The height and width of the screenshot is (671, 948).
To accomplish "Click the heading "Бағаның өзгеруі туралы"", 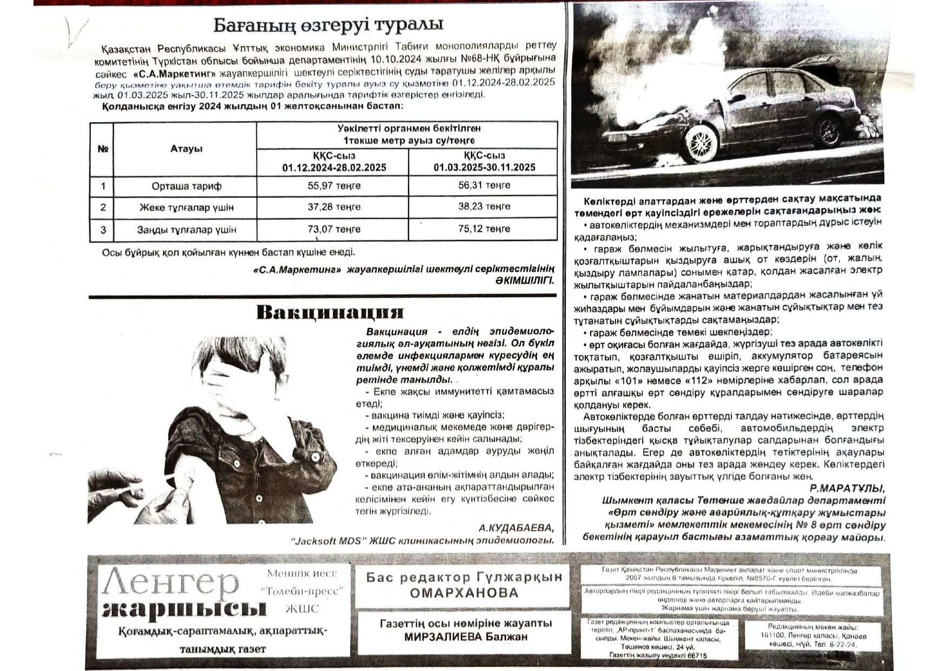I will [x=328, y=24].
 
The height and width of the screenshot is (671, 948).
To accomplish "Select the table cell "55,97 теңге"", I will [x=334, y=186].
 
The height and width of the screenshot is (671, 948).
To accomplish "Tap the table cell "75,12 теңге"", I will [x=484, y=229].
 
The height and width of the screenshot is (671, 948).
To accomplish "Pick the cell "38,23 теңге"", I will [x=484, y=207].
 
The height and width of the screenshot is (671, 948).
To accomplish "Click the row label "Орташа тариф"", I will [x=186, y=187].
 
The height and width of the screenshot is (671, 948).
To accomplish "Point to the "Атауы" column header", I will [x=186, y=149].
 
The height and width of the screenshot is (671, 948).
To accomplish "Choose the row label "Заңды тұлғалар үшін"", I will [x=186, y=230].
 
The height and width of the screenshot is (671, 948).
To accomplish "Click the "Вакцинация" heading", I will [x=330, y=313].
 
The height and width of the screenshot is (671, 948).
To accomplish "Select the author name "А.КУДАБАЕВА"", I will [x=516, y=528].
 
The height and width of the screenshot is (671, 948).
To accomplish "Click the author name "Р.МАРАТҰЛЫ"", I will [x=847, y=488].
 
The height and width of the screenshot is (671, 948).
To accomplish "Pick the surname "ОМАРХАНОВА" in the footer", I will [x=464, y=593].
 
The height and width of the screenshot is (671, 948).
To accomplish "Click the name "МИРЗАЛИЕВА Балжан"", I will [x=465, y=637].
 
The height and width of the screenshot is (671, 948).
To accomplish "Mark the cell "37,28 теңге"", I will [x=334, y=207].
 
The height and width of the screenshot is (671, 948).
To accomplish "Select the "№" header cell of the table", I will [x=103, y=149].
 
